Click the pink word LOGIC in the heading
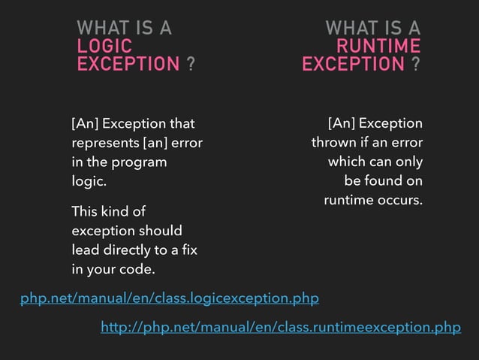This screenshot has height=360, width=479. tap(104, 47)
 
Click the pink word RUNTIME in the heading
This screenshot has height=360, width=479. tap(378, 47)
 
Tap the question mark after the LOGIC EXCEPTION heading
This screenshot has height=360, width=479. tap(191, 65)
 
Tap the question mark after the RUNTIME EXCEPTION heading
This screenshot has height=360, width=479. tap(416, 65)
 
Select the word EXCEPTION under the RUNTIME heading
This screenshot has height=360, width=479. tap(353, 65)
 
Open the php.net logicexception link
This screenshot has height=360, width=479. tap(170, 299)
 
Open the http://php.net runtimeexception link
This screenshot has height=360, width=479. tap(281, 327)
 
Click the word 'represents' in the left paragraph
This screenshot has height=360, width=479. tap(100, 143)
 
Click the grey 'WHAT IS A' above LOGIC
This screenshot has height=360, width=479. tap(125, 29)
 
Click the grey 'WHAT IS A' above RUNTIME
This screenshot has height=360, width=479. tap(372, 29)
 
